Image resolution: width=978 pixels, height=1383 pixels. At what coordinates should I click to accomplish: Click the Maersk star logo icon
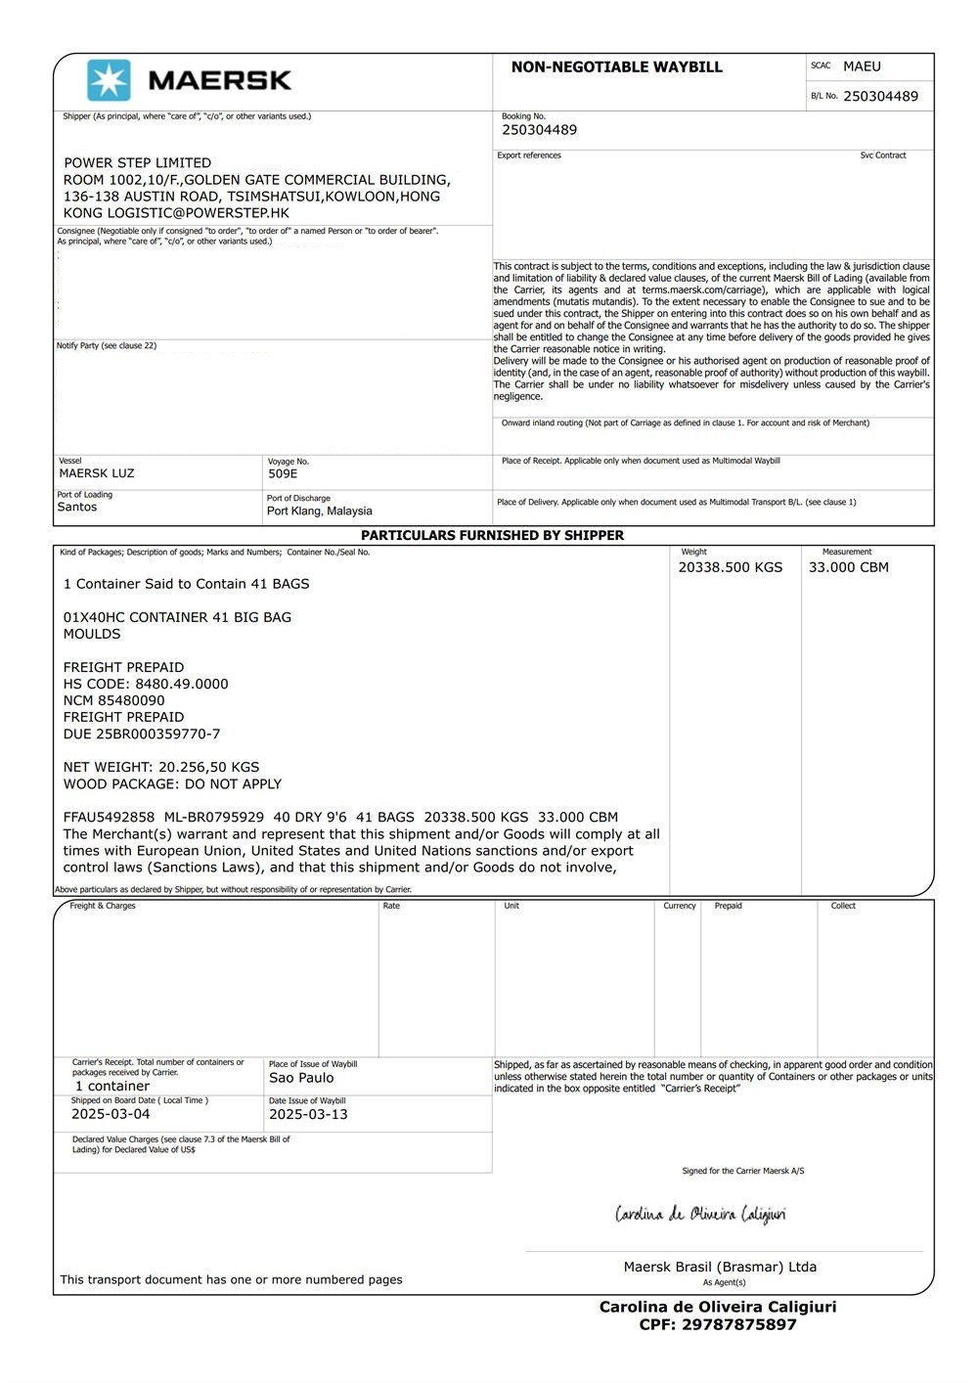(x=109, y=80)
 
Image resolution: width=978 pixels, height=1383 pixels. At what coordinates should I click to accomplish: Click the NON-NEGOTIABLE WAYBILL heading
(x=616, y=67)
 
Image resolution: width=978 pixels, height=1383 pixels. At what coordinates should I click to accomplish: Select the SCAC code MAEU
(x=862, y=67)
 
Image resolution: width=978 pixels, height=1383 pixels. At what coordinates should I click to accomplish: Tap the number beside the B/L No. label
(x=880, y=96)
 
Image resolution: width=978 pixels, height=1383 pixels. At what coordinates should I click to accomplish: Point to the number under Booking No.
(x=539, y=130)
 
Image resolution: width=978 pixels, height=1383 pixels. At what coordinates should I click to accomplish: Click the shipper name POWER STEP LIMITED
(x=137, y=162)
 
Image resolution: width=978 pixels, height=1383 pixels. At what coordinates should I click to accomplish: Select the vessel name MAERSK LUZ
(x=97, y=473)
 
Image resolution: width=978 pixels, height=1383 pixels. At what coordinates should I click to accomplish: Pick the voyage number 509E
(x=283, y=473)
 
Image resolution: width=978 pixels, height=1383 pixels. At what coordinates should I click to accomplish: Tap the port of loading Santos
(x=77, y=507)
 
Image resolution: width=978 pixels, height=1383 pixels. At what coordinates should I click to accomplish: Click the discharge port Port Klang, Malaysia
(x=320, y=511)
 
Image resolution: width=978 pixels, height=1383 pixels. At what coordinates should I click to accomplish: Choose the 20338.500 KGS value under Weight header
(x=731, y=567)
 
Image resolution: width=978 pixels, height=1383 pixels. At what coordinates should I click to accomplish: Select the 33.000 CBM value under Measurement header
(x=849, y=567)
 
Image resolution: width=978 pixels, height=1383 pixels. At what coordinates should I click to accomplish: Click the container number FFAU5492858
(x=109, y=817)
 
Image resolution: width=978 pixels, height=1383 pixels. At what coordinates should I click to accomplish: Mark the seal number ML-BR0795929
(x=213, y=817)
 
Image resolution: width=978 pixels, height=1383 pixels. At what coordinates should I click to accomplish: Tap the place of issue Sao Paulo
(x=301, y=1078)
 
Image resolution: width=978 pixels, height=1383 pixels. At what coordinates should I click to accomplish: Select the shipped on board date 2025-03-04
(x=111, y=1114)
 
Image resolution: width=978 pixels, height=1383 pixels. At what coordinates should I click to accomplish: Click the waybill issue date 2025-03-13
(x=308, y=1114)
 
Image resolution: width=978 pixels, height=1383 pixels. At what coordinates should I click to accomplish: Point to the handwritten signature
(x=700, y=1215)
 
